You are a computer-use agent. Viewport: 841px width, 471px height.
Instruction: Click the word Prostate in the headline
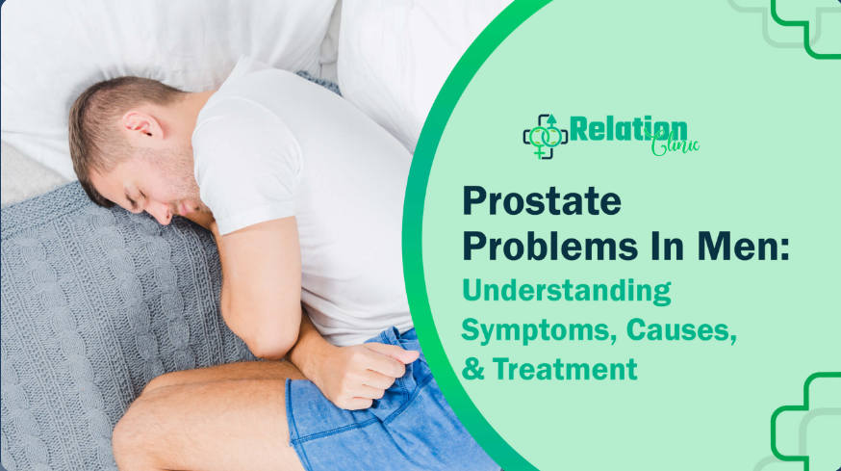tap(542, 202)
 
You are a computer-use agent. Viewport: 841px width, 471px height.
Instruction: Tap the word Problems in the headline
tap(549, 247)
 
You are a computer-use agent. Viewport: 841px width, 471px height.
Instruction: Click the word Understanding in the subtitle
tap(567, 291)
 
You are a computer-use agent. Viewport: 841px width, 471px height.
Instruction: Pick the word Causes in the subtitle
tap(681, 329)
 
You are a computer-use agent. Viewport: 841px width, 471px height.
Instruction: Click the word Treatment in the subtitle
tap(565, 369)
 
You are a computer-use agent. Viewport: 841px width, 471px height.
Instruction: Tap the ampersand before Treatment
tap(472, 369)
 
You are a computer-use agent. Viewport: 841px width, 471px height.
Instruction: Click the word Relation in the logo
tap(628, 129)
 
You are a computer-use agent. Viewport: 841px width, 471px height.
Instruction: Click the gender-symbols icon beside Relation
tap(545, 137)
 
